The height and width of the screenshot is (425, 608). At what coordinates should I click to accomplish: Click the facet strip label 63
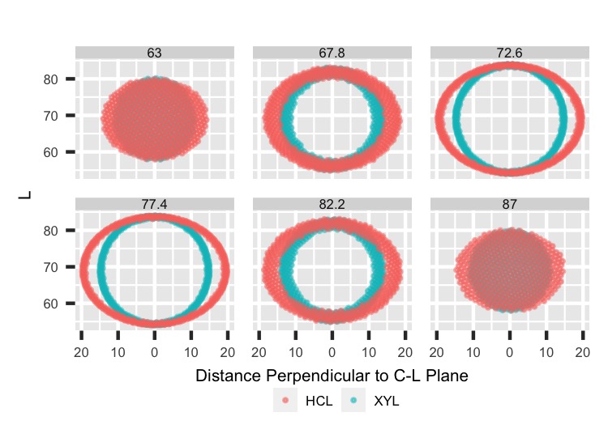[155, 53]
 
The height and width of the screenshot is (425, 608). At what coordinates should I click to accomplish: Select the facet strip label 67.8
[332, 53]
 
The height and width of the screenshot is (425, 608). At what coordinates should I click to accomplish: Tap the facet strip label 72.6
[509, 53]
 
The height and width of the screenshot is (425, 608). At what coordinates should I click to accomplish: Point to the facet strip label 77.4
[155, 205]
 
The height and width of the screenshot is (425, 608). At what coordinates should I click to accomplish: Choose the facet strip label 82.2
[332, 205]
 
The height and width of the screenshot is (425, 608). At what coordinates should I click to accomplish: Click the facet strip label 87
[509, 205]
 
